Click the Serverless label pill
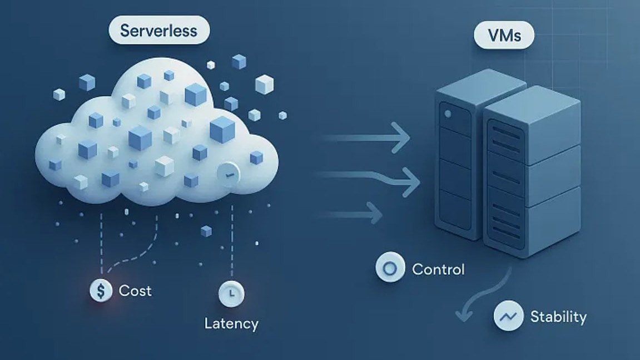(159, 30)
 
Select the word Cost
(135, 290)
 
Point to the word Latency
(231, 323)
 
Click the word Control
(438, 270)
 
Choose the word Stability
(558, 317)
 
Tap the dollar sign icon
(101, 290)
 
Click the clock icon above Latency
(231, 293)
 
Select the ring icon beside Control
(390, 268)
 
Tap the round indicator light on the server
(448, 114)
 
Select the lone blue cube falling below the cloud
(206, 230)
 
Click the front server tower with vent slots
(531, 178)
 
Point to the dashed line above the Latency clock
(231, 245)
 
